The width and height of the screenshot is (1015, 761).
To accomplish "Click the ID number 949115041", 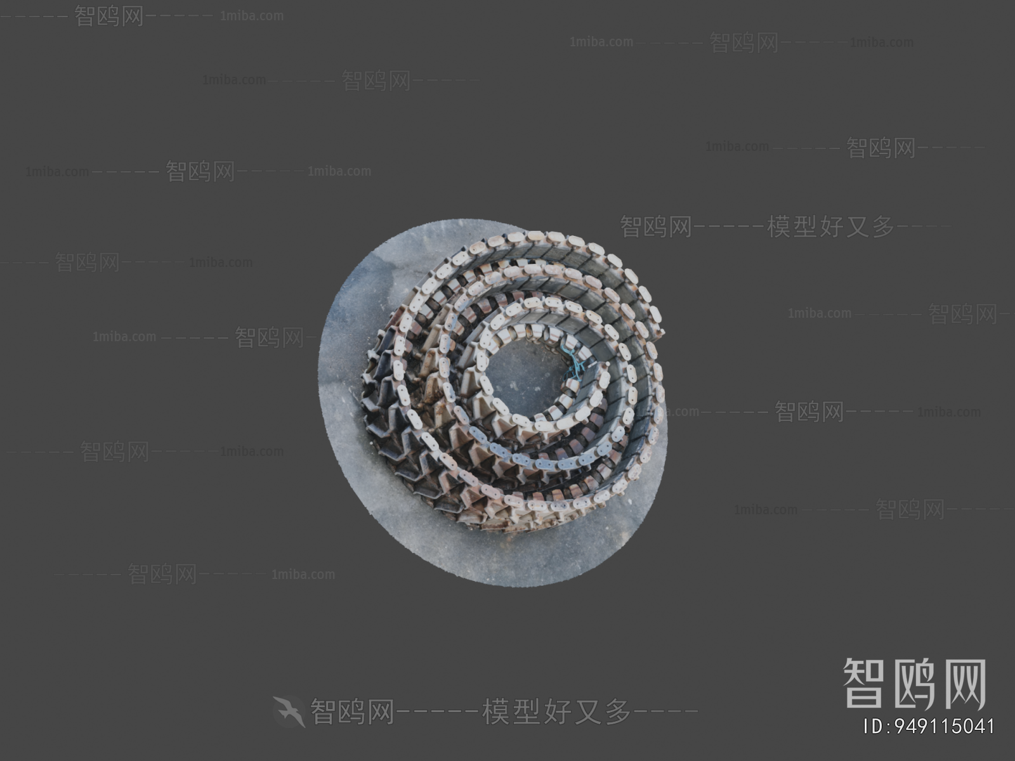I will click(x=945, y=726).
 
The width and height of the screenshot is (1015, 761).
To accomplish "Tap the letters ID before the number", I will click(x=874, y=726).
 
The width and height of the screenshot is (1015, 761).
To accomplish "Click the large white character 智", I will click(x=865, y=683).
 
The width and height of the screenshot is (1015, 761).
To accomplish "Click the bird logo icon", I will click(x=289, y=711).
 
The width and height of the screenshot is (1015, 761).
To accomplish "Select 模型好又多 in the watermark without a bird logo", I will click(x=831, y=226).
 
